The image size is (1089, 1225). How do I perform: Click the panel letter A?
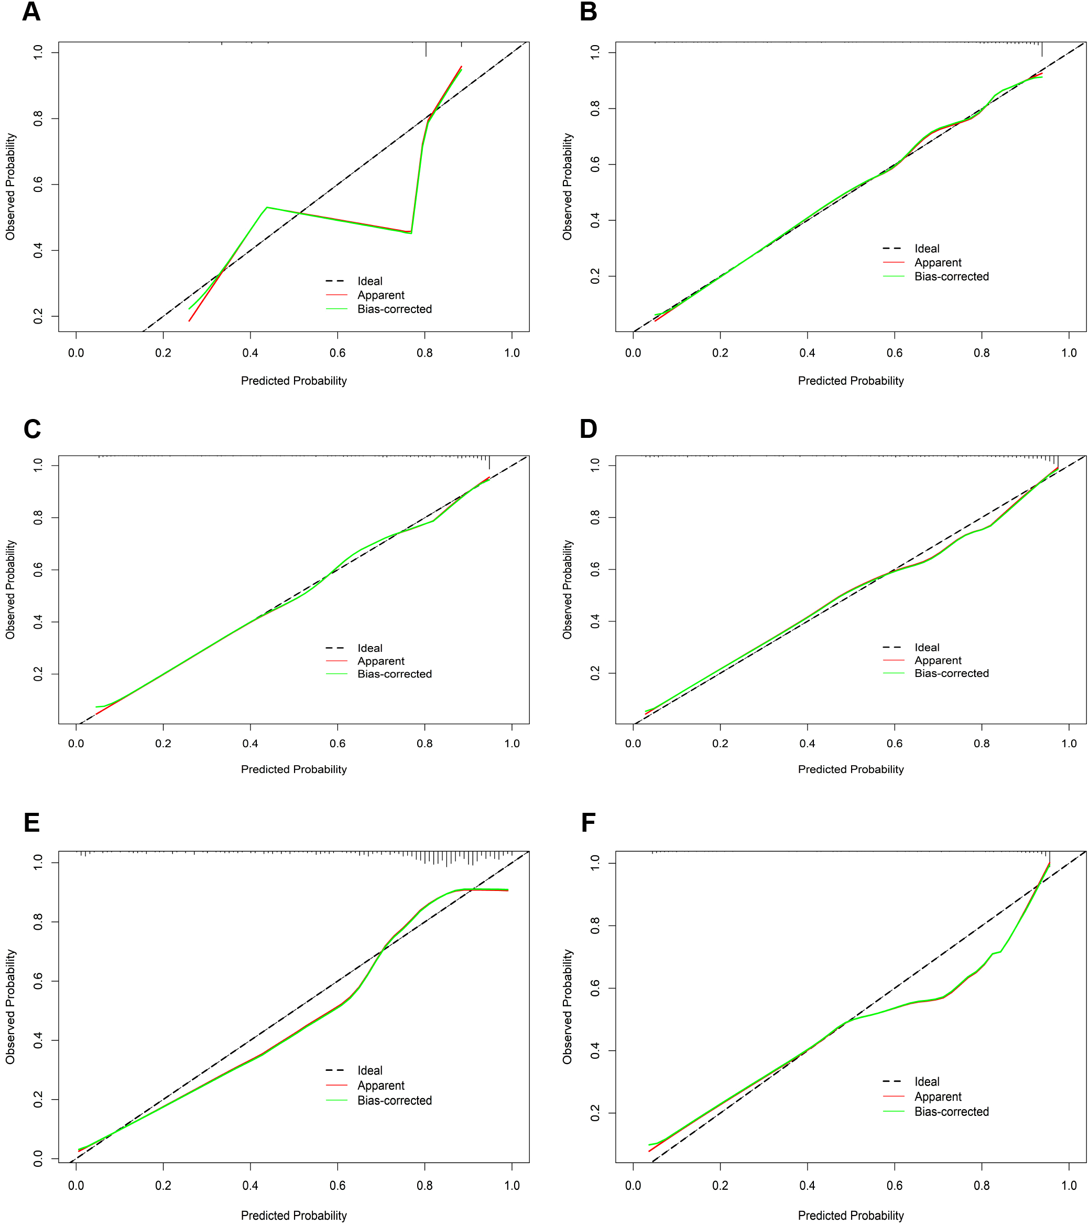[31, 12]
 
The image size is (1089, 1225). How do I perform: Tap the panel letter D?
[588, 429]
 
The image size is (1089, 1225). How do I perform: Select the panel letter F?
[588, 823]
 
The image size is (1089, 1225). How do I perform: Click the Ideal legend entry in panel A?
[369, 281]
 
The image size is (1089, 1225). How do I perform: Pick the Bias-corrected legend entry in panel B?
[951, 276]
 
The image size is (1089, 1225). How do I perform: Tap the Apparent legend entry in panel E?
[381, 1086]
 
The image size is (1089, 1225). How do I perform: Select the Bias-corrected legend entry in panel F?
[951, 1112]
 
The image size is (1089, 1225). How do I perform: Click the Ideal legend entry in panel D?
[927, 647]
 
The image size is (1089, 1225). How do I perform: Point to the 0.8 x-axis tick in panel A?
[424, 353]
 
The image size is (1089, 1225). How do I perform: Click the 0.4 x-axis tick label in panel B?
[807, 353]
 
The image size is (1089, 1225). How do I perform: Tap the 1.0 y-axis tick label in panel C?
[38, 465]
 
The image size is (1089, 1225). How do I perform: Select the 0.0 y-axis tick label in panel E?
[38, 1158]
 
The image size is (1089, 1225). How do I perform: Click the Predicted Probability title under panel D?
[851, 769]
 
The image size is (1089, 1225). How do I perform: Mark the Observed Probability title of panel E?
[10, 1007]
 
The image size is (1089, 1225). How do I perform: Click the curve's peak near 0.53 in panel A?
[267, 207]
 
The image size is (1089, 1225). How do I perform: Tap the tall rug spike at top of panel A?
[426, 49]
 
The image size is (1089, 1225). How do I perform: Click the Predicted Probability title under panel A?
[293, 381]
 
